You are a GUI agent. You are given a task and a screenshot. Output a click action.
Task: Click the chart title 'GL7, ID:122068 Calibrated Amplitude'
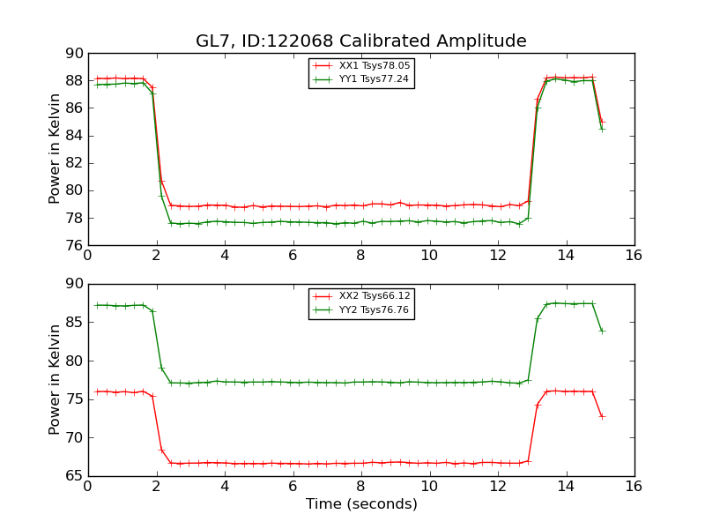pyautogui.click(x=360, y=41)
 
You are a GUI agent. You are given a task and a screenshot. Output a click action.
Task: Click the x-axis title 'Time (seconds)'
pyautogui.click(x=361, y=504)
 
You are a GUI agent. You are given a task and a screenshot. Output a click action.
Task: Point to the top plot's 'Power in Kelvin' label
pyautogui.click(x=55, y=149)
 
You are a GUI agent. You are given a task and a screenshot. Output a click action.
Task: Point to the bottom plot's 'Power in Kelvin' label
pyautogui.click(x=55, y=379)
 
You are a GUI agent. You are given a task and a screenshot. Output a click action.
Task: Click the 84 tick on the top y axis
pyautogui.click(x=73, y=136)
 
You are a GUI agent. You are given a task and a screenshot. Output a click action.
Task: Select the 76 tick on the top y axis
pyautogui.click(x=73, y=245)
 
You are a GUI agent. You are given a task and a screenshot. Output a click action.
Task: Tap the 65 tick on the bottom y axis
pyautogui.click(x=73, y=476)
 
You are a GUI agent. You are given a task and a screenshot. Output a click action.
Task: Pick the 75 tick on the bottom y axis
pyautogui.click(x=73, y=399)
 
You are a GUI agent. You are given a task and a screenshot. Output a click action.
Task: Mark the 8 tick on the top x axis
pyautogui.click(x=360, y=256)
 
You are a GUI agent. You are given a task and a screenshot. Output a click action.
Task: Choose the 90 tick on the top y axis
pyautogui.click(x=73, y=54)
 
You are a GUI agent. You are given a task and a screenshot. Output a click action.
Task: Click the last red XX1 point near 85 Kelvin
pyautogui.click(x=602, y=122)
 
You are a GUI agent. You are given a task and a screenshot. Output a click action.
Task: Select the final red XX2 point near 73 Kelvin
pyautogui.click(x=602, y=416)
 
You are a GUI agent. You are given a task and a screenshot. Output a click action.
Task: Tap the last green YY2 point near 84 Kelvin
pyautogui.click(x=602, y=331)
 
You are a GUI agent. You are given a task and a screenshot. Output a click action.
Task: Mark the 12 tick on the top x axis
pyautogui.click(x=497, y=256)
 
